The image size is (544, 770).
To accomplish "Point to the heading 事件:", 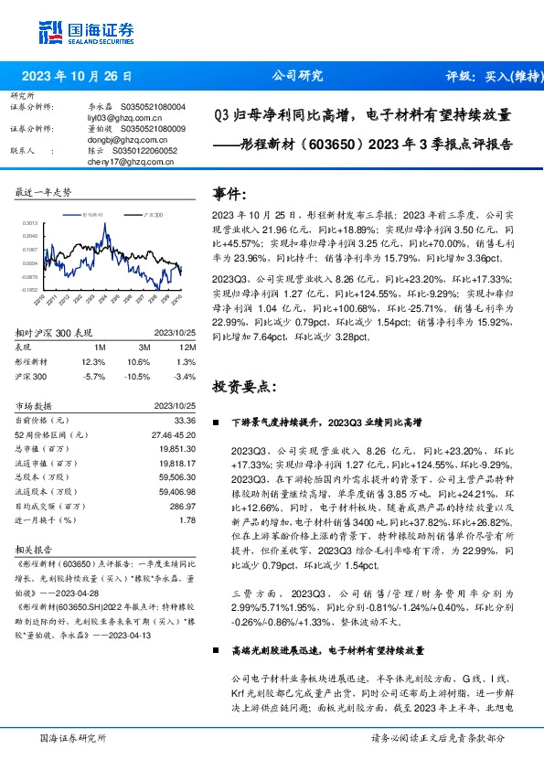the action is pyautogui.click(x=229, y=194).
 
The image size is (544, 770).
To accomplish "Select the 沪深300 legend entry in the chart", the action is pyautogui.click(x=152, y=214).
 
